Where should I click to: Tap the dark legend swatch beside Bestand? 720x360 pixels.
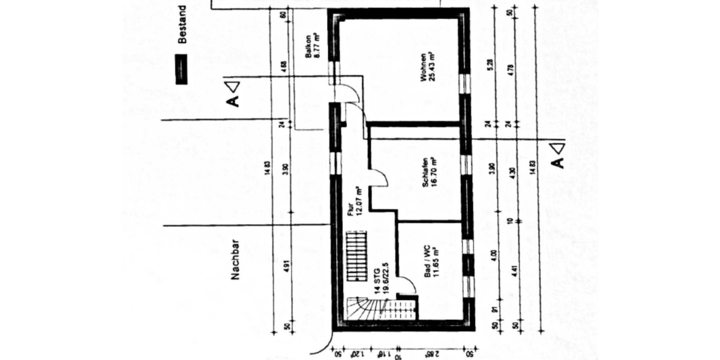tap(179, 68)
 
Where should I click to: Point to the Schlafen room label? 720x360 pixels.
tap(428, 172)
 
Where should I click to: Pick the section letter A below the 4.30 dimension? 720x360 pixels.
tap(557, 162)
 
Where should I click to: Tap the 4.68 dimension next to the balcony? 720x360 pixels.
tap(283, 65)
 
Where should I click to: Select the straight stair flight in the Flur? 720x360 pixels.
tap(356, 259)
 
